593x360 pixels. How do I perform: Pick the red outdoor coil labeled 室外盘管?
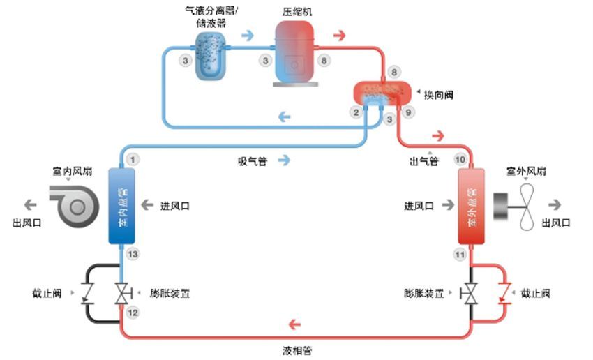[471, 205]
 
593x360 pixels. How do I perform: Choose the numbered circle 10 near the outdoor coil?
[460, 160]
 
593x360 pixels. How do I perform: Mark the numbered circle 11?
[460, 255]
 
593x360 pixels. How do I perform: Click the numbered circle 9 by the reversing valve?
[409, 112]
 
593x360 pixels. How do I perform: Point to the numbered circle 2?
[356, 112]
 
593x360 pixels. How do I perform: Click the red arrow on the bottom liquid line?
[295, 324]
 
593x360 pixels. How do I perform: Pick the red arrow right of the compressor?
[340, 36]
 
